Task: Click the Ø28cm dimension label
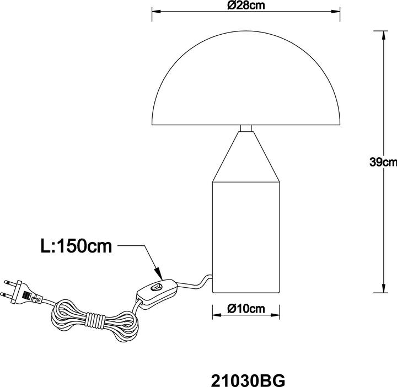coord(246,6)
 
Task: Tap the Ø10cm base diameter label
coord(246,309)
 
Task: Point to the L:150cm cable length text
coord(76,246)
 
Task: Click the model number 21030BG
coord(248,380)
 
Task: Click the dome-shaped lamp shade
coord(246,78)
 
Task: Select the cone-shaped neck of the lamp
coord(246,157)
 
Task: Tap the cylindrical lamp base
coord(246,238)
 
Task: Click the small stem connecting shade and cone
coord(246,128)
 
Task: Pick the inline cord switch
coord(157,293)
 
